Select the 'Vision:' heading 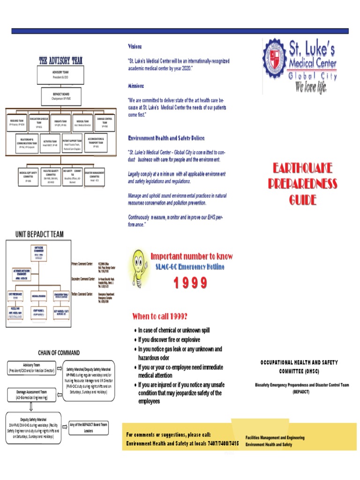click(135, 47)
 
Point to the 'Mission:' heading click(136, 86)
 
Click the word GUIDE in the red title click(302, 200)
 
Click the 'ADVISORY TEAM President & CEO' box click(60, 74)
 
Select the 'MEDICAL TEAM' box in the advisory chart click(83, 123)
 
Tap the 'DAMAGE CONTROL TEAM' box click(105, 122)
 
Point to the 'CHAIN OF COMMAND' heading click(59, 352)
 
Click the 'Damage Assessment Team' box click(32, 394)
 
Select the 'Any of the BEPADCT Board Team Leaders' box click(89, 427)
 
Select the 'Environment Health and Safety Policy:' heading click(166, 138)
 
